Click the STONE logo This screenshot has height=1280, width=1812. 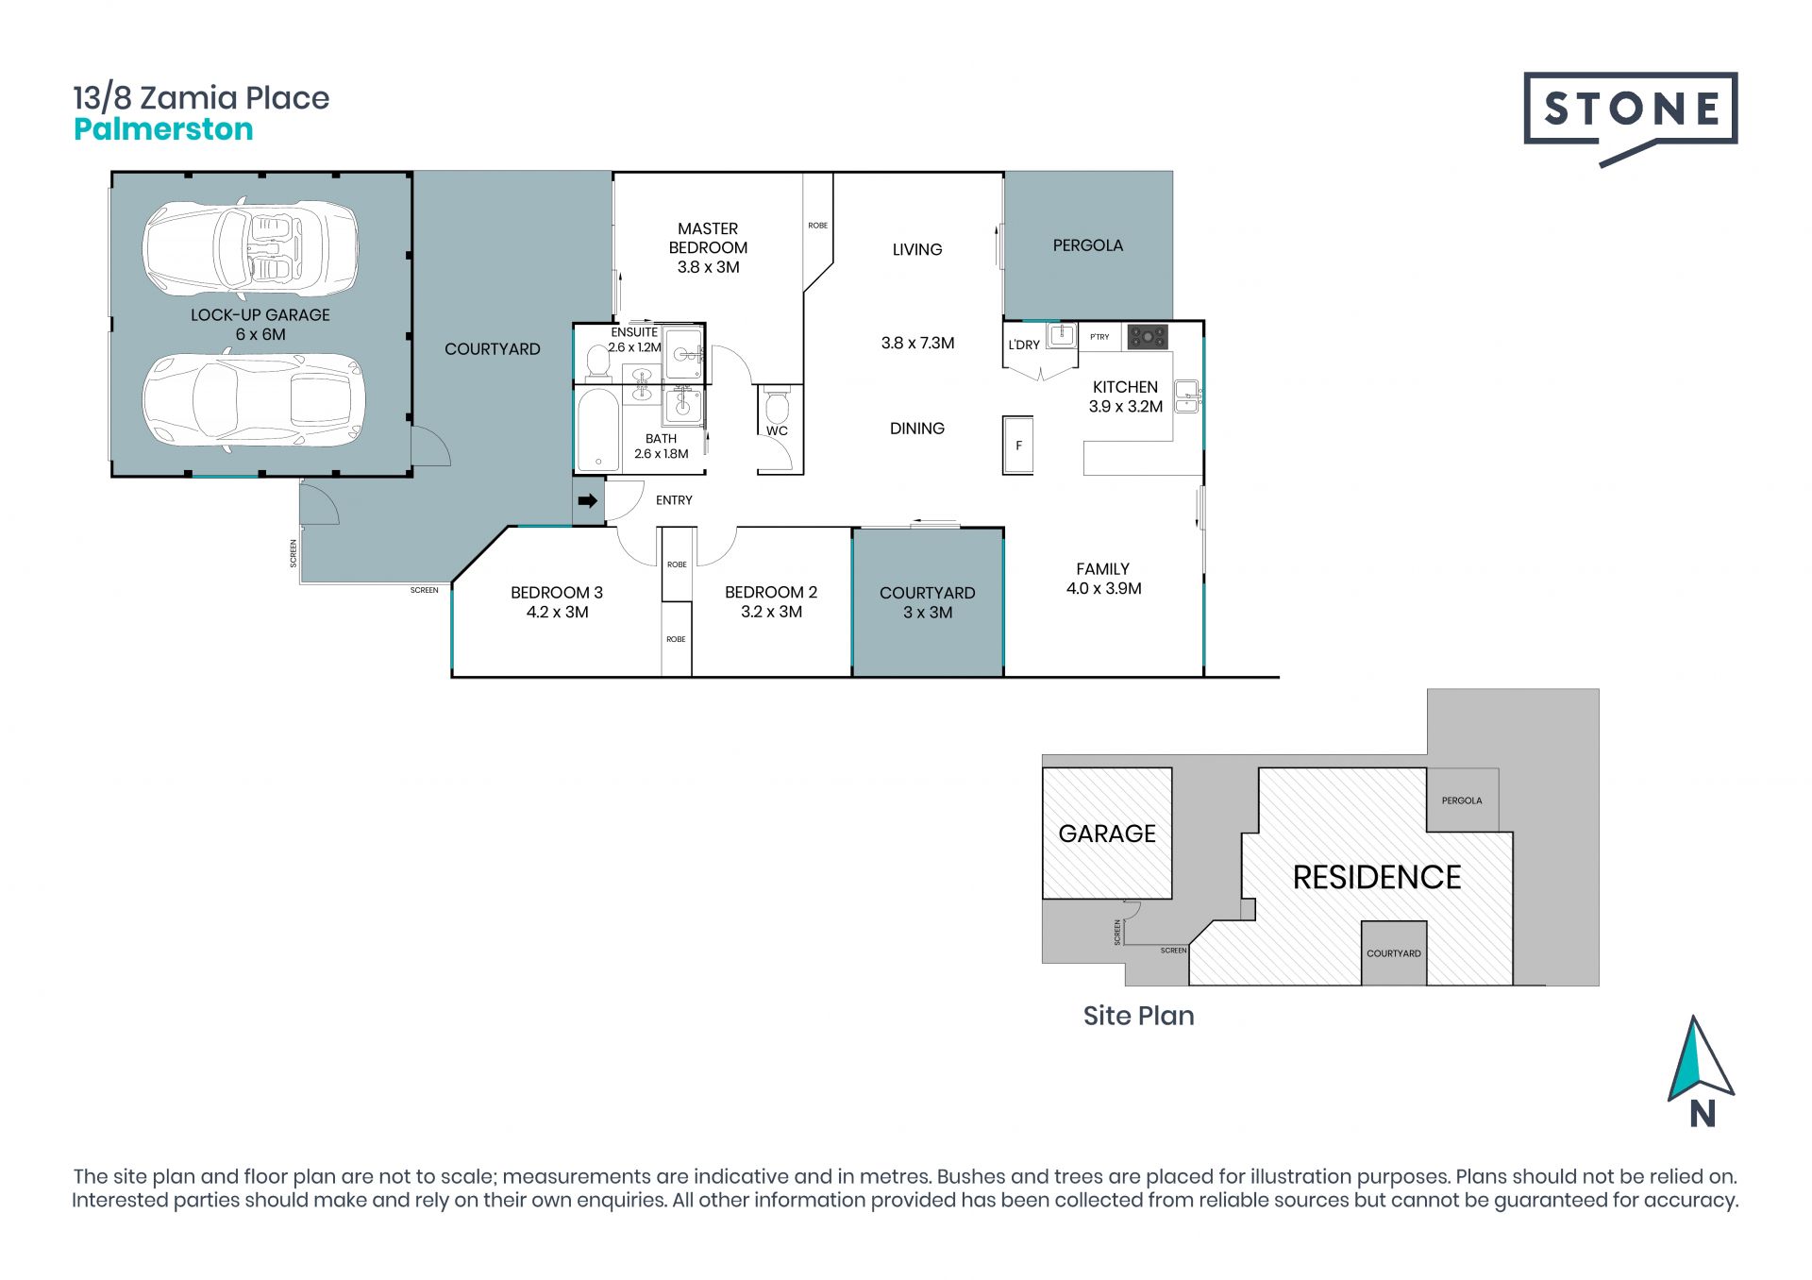1631,117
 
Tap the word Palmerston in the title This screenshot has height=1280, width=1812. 163,129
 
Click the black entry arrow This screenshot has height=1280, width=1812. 588,500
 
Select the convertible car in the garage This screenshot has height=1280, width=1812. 251,248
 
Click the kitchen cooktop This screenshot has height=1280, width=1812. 1148,336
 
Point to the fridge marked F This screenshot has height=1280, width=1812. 1017,445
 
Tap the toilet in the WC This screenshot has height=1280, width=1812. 777,407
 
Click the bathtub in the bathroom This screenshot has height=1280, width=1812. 596,429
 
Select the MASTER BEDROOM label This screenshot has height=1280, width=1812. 708,238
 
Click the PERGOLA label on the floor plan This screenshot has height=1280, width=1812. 1088,245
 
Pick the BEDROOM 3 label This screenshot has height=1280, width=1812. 557,593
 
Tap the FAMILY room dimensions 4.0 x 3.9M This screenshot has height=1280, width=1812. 1104,588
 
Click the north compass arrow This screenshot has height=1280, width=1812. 1700,1059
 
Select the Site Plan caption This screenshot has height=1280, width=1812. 1139,1016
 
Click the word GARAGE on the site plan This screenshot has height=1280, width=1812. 1107,834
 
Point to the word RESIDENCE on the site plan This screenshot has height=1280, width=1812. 1377,878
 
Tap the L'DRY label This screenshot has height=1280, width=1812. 1024,345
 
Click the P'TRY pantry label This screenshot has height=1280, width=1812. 1099,337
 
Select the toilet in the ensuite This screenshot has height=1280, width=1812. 597,362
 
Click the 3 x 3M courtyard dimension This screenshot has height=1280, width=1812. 928,613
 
